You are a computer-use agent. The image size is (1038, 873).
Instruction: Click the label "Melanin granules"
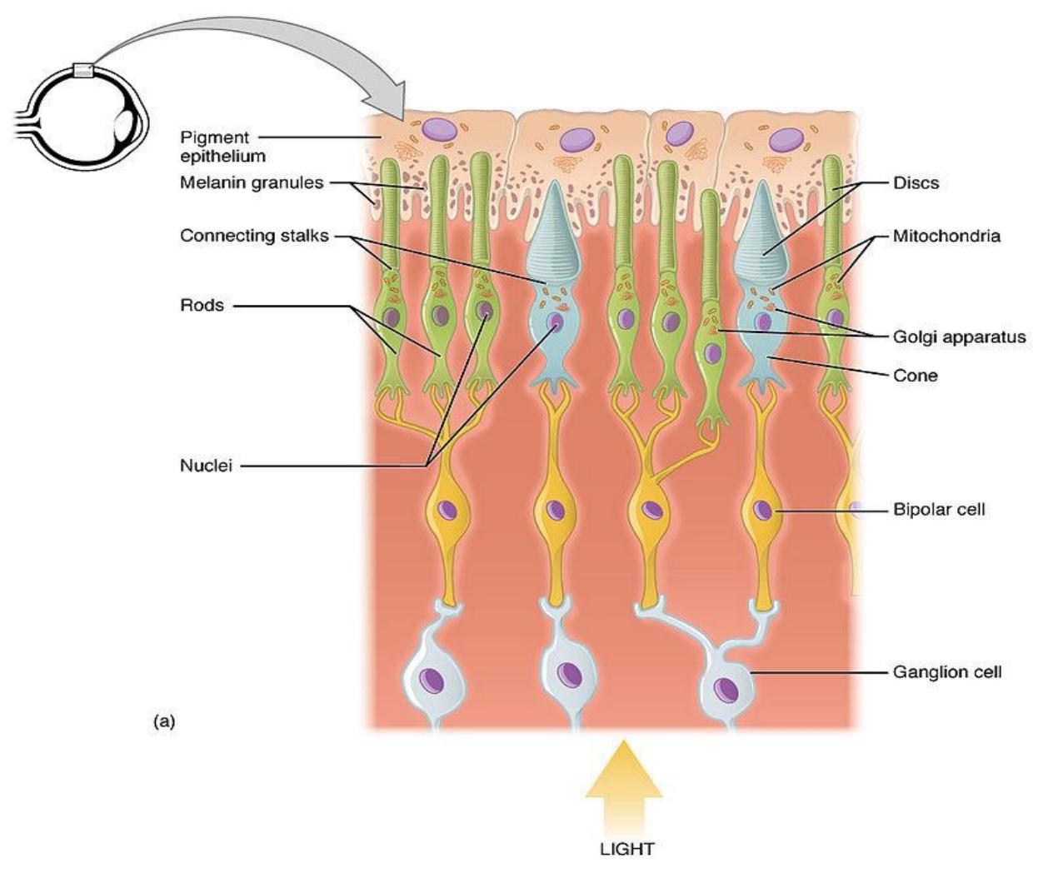click(252, 183)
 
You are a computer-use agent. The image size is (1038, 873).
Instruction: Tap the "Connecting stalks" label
click(255, 236)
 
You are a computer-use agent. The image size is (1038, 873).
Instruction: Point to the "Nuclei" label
click(207, 466)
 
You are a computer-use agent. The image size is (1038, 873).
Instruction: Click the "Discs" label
click(916, 183)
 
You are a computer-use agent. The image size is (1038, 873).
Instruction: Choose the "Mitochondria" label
click(946, 236)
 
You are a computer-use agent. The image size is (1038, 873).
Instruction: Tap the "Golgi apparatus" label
click(960, 337)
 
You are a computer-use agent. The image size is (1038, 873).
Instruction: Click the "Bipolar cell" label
click(939, 510)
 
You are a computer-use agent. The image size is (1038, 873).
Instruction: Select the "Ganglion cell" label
click(947, 672)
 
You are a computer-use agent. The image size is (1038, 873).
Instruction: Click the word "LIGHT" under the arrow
click(626, 848)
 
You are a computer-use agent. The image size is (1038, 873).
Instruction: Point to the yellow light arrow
click(623, 786)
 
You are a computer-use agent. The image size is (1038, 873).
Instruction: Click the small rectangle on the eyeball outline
click(83, 71)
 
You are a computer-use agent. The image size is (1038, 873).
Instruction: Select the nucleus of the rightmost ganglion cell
click(726, 690)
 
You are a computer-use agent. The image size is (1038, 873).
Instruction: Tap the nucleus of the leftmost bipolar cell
click(447, 510)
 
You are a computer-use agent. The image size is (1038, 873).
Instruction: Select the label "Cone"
click(916, 376)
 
